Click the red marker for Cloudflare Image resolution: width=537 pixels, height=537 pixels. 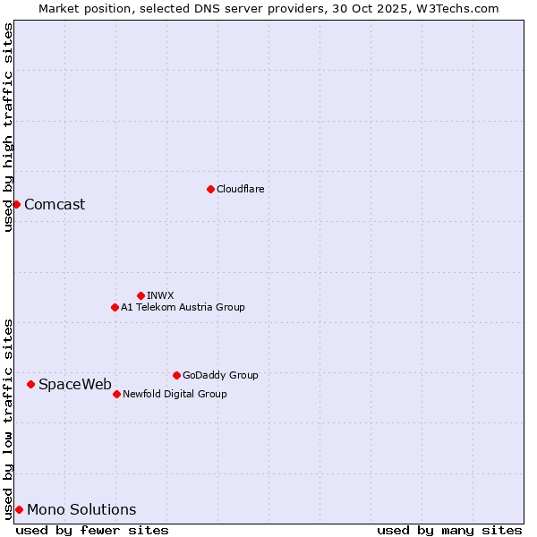(x=210, y=189)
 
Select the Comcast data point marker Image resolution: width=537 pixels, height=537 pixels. (x=16, y=204)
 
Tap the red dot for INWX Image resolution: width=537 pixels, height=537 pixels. (x=141, y=295)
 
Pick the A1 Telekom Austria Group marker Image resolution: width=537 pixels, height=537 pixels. (x=115, y=307)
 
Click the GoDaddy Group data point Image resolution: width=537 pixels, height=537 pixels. (x=176, y=375)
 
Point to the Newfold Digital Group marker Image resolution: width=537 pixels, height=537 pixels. (x=116, y=394)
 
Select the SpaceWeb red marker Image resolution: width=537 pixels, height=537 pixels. (x=30, y=384)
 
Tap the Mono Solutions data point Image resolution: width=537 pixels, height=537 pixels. (x=19, y=509)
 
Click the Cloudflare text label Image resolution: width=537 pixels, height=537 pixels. (x=240, y=189)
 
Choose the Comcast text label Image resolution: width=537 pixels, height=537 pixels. (x=55, y=204)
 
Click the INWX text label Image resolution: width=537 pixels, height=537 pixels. (x=160, y=295)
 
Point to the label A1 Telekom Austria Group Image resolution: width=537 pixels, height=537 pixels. (x=183, y=307)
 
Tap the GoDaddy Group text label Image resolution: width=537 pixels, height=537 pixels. (x=220, y=375)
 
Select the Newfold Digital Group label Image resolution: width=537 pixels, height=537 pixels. (x=175, y=394)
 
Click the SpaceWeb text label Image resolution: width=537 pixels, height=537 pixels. (x=75, y=384)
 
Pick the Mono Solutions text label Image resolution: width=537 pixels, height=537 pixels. (x=81, y=509)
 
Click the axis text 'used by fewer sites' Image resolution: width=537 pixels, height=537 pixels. (x=92, y=530)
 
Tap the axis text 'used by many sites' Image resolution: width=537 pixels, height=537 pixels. (x=449, y=530)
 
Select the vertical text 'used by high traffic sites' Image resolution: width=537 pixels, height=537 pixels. (x=8, y=127)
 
